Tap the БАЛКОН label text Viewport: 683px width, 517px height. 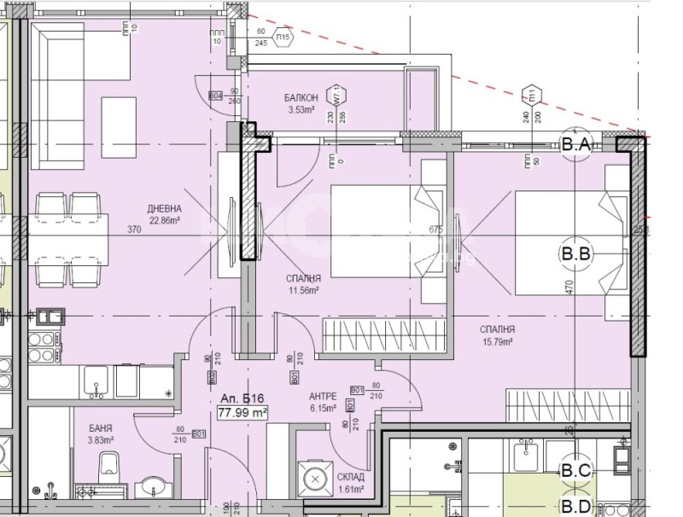coord(301,98)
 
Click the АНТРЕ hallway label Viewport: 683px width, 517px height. coord(323,397)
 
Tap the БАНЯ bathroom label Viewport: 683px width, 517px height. coord(99,427)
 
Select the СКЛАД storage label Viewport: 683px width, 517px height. coord(350,478)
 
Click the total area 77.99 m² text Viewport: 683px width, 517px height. coord(243,412)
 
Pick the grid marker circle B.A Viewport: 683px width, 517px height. coord(576,146)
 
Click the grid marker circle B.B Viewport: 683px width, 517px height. coord(576,253)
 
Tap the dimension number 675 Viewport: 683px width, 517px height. coord(435,229)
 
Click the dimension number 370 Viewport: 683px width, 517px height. coord(133,229)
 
